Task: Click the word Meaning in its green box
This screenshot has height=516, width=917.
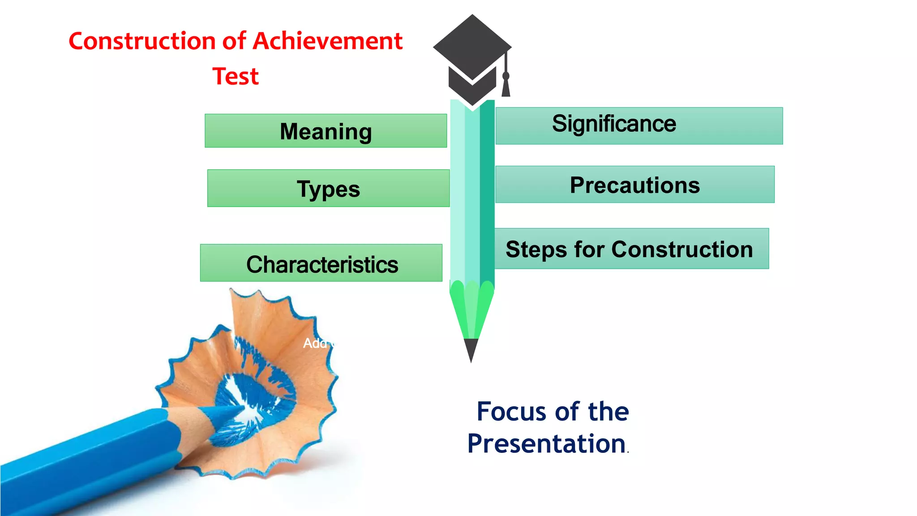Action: point(326,132)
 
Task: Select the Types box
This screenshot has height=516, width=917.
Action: point(328,189)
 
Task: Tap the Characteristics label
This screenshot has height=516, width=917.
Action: point(322,264)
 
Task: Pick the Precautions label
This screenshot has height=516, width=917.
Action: point(634,185)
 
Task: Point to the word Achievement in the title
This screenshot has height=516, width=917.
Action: point(328,41)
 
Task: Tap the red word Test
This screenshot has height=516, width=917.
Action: point(236,76)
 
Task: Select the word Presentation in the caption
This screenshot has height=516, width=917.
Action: point(546,444)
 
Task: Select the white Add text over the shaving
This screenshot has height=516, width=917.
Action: point(315,343)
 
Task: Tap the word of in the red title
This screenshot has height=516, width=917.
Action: point(234,41)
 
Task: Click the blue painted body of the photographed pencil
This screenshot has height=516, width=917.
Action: point(90,461)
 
